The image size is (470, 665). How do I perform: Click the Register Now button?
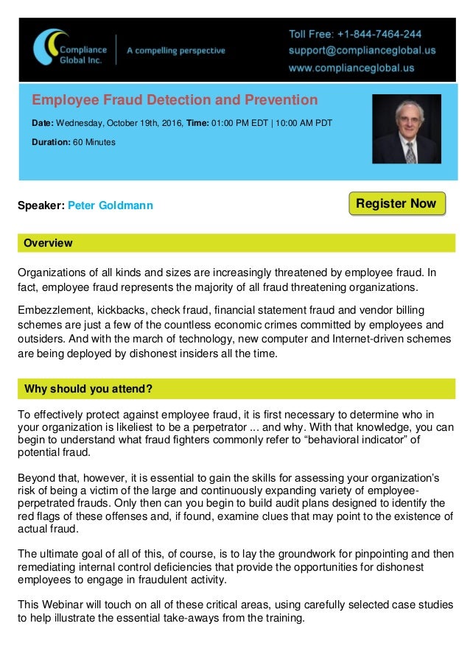(x=396, y=204)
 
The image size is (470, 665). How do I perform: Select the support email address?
(x=361, y=52)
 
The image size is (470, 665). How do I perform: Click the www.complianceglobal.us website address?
(x=351, y=68)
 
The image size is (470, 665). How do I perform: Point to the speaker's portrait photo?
(x=407, y=129)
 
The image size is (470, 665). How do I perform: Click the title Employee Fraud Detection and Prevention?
(x=175, y=100)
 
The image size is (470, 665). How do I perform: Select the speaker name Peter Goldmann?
(x=111, y=205)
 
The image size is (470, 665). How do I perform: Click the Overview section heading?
(x=49, y=243)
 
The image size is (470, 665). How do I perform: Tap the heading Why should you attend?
(x=88, y=388)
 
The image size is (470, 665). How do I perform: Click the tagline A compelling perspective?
(x=176, y=51)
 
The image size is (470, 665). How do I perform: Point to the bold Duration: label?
(x=51, y=141)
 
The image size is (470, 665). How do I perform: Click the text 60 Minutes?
(x=94, y=141)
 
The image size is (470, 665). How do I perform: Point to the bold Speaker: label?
(x=41, y=205)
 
